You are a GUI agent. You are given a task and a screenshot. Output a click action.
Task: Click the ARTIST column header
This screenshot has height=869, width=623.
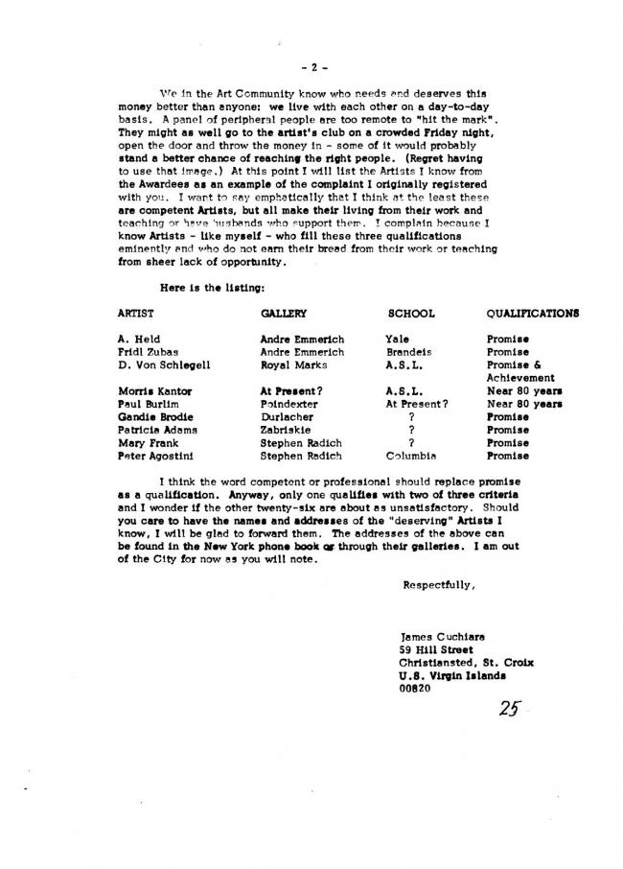coord(135,314)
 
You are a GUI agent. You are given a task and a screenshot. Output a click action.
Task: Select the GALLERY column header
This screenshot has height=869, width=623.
coord(283,314)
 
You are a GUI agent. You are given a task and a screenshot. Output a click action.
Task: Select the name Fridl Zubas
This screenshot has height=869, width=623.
coord(144,352)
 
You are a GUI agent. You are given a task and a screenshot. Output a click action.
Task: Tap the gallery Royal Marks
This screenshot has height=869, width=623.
coord(293,365)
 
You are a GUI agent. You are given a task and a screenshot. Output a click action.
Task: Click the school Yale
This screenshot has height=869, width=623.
coord(397,340)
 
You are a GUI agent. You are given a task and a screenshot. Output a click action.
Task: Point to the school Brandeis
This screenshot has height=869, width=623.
coord(408,352)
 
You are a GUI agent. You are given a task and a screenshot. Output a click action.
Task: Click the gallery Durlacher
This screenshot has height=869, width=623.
coord(288,417)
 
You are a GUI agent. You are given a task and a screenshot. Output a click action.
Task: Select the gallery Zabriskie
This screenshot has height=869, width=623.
coord(288,431)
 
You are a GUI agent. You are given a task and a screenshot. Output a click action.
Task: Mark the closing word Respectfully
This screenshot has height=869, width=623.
coord(439,584)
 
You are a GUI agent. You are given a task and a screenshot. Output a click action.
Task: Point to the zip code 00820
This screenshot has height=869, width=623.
coord(416,688)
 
